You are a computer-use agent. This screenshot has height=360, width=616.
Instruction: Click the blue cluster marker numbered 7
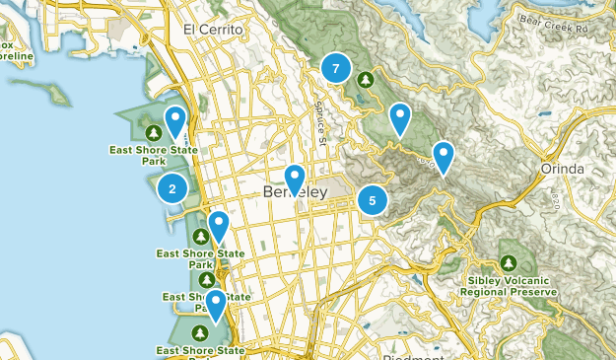(x=336, y=68)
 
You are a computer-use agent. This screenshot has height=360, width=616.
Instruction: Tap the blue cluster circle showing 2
(x=172, y=189)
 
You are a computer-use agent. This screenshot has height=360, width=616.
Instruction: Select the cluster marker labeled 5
(x=372, y=200)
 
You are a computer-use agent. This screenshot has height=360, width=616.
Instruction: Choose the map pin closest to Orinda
(x=444, y=156)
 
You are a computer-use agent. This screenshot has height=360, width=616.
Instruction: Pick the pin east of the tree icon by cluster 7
(x=399, y=117)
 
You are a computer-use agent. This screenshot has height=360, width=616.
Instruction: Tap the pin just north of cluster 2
(x=175, y=121)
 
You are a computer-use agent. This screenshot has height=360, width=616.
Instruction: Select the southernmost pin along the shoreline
(x=214, y=305)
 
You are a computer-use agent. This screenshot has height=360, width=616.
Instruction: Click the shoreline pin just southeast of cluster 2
(x=218, y=226)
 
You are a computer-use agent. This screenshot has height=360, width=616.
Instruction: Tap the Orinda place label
(x=563, y=169)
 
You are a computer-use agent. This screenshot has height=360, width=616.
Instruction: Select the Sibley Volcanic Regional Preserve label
(x=508, y=286)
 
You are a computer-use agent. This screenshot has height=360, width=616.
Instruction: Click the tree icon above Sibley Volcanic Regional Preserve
(x=508, y=263)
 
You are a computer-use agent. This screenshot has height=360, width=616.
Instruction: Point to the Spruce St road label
(x=321, y=124)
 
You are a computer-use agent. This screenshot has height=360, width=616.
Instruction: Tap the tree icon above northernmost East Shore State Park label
(x=154, y=132)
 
